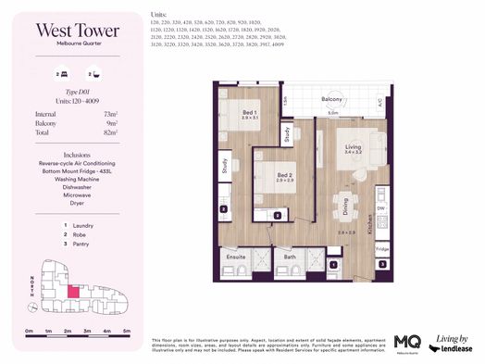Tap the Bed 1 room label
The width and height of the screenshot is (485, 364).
click(248, 112)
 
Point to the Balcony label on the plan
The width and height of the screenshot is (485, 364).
click(334, 99)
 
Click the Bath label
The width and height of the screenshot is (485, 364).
click(290, 257)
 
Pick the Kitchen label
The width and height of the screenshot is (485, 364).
click(370, 223)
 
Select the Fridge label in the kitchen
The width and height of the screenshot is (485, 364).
click(381, 250)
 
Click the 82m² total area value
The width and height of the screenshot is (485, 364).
click(117, 132)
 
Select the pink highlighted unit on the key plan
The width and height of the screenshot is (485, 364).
click(74, 292)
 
